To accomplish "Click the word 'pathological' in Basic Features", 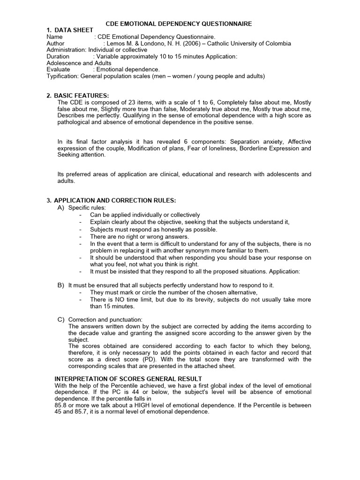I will coord(74,122).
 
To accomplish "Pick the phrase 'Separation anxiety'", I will coord(258,142).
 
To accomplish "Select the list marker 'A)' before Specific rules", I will coord(61,207).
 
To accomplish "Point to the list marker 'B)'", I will coord(61,285).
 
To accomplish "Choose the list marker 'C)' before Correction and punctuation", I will coord(61,319).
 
